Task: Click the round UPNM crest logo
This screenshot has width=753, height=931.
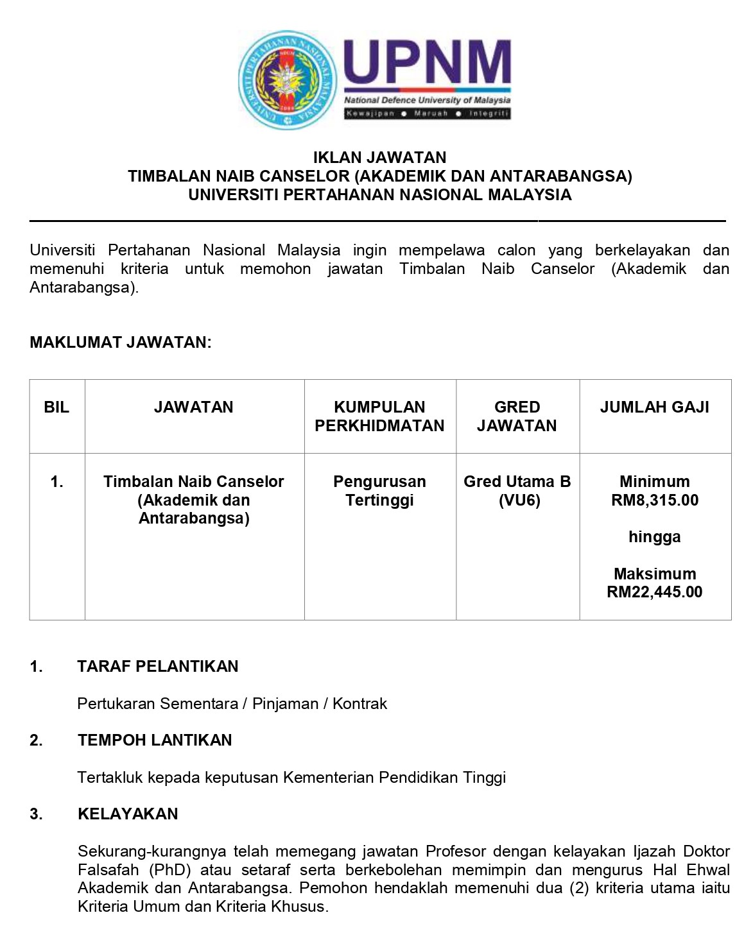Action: click(287, 80)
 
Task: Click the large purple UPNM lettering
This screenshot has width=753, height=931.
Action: click(427, 63)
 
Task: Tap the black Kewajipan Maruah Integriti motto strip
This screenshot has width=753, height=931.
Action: click(427, 114)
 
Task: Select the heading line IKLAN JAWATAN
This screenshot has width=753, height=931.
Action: click(379, 157)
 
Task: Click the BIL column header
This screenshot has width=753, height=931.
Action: click(56, 407)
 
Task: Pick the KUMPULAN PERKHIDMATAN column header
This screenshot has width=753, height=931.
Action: click(379, 416)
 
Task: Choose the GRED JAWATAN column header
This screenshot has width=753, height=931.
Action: click(517, 416)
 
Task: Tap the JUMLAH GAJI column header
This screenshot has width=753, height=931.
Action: click(654, 407)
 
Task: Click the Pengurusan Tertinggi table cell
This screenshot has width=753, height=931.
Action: click(379, 491)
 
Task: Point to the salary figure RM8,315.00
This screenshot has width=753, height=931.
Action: click(655, 500)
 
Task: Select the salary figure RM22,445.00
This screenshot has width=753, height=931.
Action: click(655, 592)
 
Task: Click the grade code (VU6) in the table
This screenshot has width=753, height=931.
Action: click(519, 500)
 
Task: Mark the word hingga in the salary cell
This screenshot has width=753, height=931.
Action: click(654, 537)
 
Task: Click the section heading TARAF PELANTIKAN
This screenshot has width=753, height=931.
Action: click(158, 666)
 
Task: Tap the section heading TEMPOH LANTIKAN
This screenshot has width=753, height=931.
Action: click(155, 740)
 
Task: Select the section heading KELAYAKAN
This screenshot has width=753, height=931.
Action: click(128, 814)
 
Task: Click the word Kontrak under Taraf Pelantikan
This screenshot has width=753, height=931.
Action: click(359, 704)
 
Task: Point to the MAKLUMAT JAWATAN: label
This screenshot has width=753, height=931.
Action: click(121, 342)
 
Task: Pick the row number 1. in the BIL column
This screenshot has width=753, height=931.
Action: click(56, 482)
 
